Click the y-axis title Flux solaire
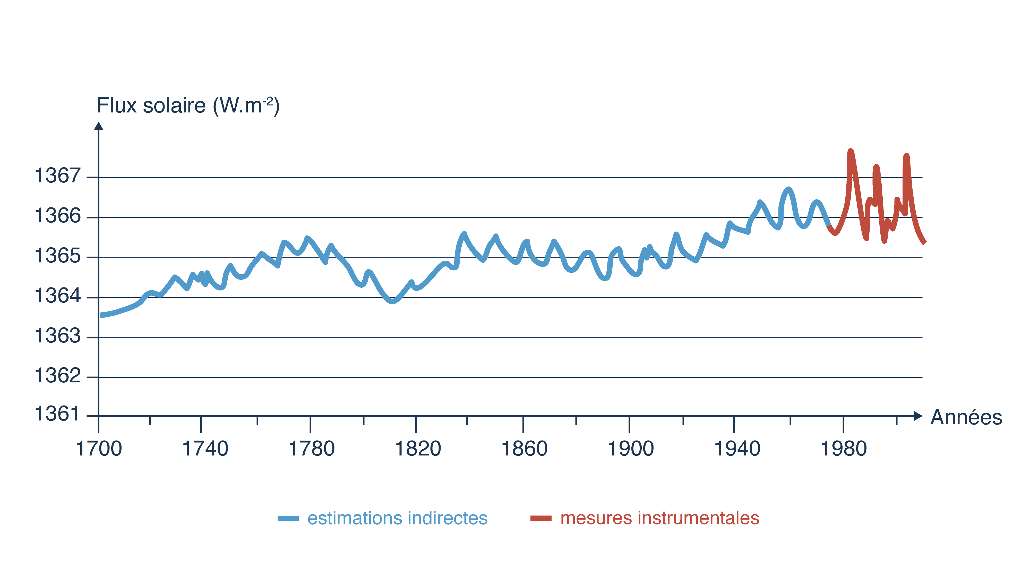tap(188, 106)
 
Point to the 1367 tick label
tap(58, 176)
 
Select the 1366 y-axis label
tap(58, 216)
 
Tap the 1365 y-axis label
tap(58, 256)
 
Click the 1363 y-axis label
tap(58, 336)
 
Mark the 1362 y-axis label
tap(58, 376)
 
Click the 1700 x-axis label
tap(99, 449)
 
